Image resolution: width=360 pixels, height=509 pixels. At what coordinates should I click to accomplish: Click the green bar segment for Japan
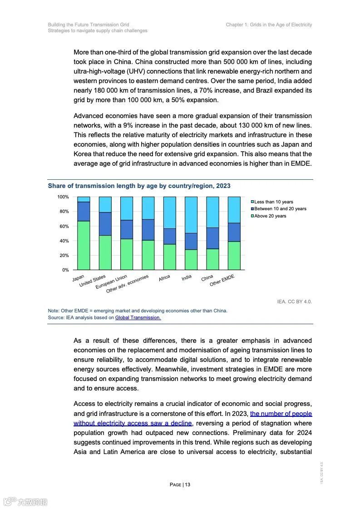[84, 245]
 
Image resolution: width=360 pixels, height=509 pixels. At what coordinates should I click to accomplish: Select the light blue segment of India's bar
[191, 215]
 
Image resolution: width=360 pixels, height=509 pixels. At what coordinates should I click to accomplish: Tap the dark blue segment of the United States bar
[105, 224]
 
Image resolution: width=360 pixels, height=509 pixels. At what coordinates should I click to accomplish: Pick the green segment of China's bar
[212, 259]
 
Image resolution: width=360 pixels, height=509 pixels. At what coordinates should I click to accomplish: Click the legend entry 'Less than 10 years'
[273, 202]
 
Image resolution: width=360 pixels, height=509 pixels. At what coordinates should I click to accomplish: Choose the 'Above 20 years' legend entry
[270, 216]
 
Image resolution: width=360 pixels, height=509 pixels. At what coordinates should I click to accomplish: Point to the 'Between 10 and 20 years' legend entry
[280, 209]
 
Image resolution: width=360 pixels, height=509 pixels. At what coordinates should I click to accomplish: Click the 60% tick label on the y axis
[63, 226]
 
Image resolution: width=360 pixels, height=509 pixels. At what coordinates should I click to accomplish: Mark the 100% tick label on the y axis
[63, 197]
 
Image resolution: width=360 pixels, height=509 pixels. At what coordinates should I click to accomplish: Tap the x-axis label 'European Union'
[112, 282]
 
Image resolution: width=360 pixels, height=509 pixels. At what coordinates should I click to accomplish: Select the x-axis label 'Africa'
[164, 278]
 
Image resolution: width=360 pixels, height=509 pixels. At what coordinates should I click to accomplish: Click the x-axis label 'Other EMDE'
[222, 281]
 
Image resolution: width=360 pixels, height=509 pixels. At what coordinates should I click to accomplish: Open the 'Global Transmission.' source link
[138, 318]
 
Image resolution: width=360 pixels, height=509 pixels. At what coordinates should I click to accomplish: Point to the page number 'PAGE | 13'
[180, 484]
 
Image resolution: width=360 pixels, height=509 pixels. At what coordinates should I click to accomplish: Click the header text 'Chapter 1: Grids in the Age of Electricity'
[269, 25]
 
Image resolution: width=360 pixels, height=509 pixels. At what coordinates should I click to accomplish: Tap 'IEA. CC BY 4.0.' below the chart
[294, 301]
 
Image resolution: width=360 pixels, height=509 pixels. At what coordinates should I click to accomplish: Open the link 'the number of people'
[281, 414]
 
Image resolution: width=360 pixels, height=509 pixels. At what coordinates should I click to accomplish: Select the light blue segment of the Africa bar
[170, 212]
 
